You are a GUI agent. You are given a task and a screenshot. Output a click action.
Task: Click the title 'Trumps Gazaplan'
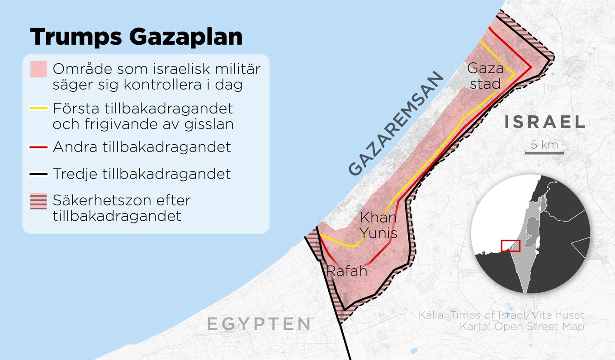(136, 37)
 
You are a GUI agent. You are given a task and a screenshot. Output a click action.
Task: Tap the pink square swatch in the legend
(38, 69)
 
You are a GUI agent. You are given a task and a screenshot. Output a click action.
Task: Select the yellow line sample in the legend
(38, 109)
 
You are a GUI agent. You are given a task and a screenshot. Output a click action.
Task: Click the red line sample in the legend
(38, 147)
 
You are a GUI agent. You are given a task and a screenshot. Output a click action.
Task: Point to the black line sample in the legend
(38, 174)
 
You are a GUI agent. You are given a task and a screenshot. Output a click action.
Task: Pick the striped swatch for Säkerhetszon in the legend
(38, 201)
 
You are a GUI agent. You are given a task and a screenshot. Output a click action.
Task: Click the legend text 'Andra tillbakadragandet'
(142, 147)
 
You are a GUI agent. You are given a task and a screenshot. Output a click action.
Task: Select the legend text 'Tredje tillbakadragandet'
(142, 174)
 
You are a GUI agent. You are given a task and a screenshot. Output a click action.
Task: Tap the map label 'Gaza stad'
(485, 76)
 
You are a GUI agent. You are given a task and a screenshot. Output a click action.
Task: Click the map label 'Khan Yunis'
(378, 225)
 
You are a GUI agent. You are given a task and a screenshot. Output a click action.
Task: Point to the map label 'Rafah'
(346, 271)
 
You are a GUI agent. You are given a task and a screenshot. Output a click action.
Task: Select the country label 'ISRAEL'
(544, 122)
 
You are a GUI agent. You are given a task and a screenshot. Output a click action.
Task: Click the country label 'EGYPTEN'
(259, 324)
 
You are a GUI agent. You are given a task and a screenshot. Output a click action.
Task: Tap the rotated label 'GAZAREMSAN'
(396, 123)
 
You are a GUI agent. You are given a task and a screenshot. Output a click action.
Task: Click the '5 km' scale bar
(544, 147)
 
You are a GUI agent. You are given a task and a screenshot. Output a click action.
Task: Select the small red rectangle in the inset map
(511, 246)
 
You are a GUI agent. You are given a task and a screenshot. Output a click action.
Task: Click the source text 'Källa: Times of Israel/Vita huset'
(501, 315)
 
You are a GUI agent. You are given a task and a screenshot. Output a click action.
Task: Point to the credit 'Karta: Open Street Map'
(522, 326)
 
